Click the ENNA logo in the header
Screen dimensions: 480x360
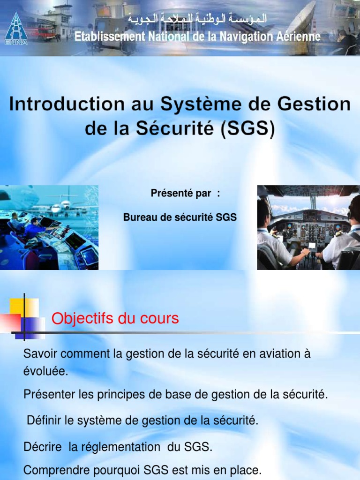pyautogui.click(x=16, y=28)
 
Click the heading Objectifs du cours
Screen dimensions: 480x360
pyautogui.click(x=115, y=319)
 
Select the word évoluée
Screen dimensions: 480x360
pyautogui.click(x=45, y=372)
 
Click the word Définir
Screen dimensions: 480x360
pyautogui.click(x=45, y=421)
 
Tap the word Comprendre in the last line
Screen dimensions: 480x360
pyautogui.click(x=54, y=470)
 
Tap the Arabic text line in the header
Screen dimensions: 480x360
pyautogui.click(x=197, y=19)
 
